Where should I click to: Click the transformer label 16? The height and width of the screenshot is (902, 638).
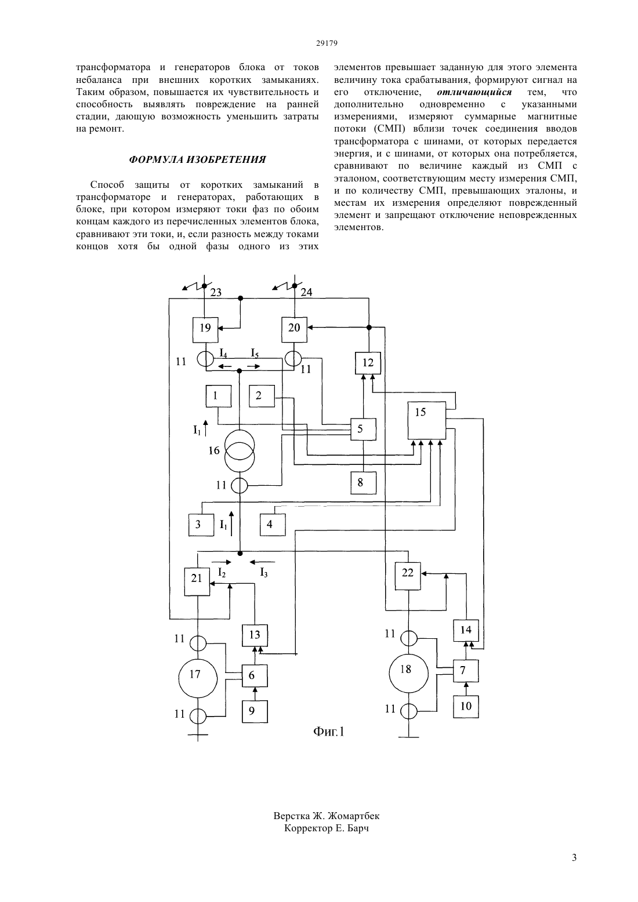point(214,450)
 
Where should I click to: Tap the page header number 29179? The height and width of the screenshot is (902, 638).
point(327,43)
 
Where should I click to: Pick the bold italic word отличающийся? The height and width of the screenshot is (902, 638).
point(474,92)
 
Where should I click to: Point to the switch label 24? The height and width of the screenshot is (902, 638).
point(306,292)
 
